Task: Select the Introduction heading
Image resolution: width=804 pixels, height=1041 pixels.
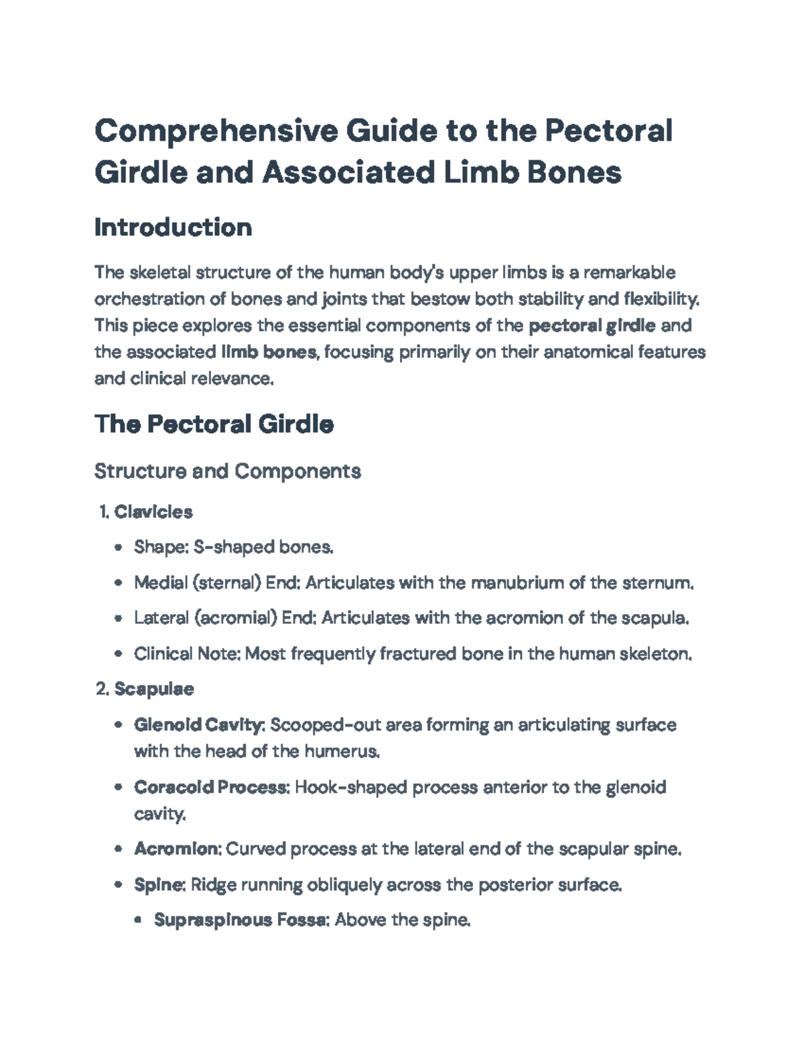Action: point(173,227)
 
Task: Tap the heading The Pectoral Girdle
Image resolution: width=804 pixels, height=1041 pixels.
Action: point(214,424)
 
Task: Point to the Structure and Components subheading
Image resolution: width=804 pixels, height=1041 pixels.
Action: point(227,471)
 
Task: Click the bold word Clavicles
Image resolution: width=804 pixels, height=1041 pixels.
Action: point(153,512)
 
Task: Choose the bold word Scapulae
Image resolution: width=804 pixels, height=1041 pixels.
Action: point(154,689)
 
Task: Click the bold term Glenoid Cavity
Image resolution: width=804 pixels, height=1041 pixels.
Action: point(199,725)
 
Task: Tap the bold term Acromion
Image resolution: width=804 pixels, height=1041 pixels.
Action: point(177,849)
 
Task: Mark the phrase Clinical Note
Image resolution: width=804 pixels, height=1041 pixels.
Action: point(187,654)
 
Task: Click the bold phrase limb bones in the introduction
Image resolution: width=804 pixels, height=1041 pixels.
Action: point(269,352)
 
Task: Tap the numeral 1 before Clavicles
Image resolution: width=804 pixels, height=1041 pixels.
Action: point(103,512)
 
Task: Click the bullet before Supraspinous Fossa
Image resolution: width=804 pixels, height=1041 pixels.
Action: point(139,920)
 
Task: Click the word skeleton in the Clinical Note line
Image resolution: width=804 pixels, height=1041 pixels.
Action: point(659,654)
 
